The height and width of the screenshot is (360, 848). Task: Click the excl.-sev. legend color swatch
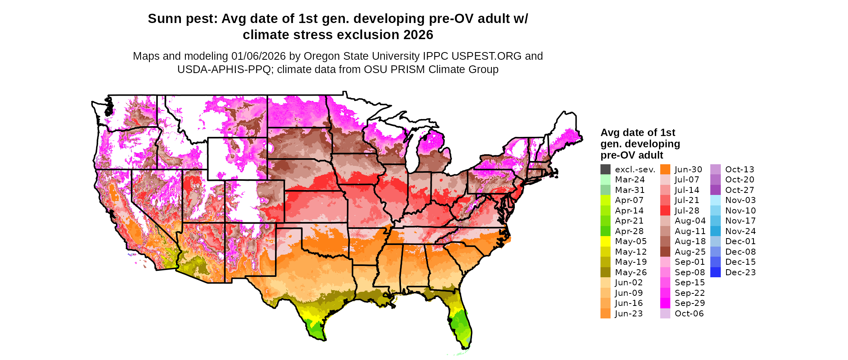(605, 170)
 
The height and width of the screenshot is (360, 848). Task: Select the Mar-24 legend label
(630, 180)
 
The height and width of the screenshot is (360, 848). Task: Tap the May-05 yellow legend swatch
(605, 241)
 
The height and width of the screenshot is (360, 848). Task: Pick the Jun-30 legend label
(688, 170)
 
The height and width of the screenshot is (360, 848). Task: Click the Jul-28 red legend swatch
(665, 211)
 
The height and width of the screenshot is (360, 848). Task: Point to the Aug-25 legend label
(690, 252)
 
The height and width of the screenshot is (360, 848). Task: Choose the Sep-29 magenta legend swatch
(665, 303)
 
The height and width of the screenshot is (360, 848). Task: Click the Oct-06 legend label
(689, 314)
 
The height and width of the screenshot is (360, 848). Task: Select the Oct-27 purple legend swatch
(715, 190)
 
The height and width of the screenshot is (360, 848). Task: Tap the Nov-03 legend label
(740, 200)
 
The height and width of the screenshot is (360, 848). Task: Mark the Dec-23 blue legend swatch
(715, 272)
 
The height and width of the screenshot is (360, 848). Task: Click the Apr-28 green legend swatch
(605, 231)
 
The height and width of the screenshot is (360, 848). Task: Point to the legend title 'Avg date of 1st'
(638, 133)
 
